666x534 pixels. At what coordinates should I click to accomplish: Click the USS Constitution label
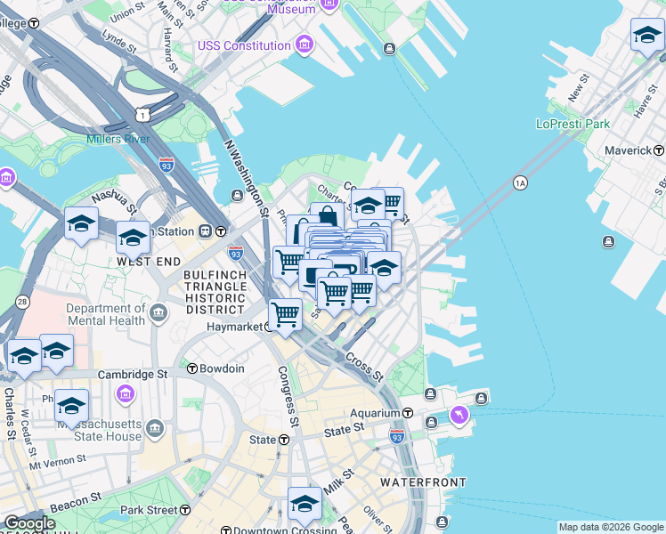click(x=246, y=45)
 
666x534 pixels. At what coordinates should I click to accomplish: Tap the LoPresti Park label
click(x=573, y=124)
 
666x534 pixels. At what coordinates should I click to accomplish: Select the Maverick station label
click(x=628, y=150)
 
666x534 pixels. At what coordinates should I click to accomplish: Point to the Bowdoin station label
click(x=221, y=368)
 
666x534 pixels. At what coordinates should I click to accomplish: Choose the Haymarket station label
click(x=234, y=327)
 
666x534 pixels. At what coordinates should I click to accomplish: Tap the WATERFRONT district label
click(x=423, y=482)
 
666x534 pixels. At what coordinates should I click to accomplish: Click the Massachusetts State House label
click(x=99, y=431)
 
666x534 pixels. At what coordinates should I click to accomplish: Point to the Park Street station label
click(x=149, y=510)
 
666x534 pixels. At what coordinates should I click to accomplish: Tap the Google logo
click(x=29, y=523)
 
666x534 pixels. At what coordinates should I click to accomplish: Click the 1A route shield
click(x=521, y=182)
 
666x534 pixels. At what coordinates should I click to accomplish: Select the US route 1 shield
click(x=142, y=114)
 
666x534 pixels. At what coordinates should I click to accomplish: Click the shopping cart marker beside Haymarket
click(x=285, y=314)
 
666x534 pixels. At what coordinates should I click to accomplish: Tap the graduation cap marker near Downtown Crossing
click(x=305, y=504)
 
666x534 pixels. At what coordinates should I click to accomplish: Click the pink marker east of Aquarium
click(x=459, y=414)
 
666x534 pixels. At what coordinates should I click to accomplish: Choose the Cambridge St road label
click(x=133, y=375)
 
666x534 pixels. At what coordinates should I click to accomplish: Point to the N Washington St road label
click(x=247, y=178)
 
